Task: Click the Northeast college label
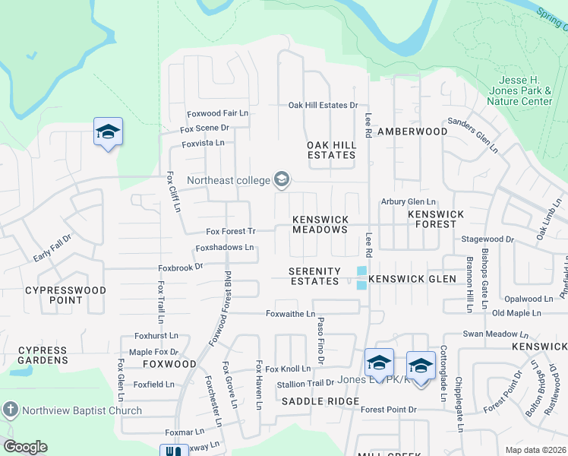[229, 180]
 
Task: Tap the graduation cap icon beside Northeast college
[282, 179]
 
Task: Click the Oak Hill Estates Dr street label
[323, 106]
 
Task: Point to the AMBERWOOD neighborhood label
[413, 131]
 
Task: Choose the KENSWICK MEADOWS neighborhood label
[320, 224]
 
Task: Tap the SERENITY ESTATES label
[314, 276]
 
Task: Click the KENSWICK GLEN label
[412, 279]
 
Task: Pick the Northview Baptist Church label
[81, 410]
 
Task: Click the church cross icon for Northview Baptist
[10, 410]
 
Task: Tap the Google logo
[25, 447]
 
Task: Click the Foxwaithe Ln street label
[290, 314]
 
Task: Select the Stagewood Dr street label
[488, 239]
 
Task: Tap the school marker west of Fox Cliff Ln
[108, 131]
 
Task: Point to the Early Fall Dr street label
[52, 249]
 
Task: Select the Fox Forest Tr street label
[232, 231]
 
